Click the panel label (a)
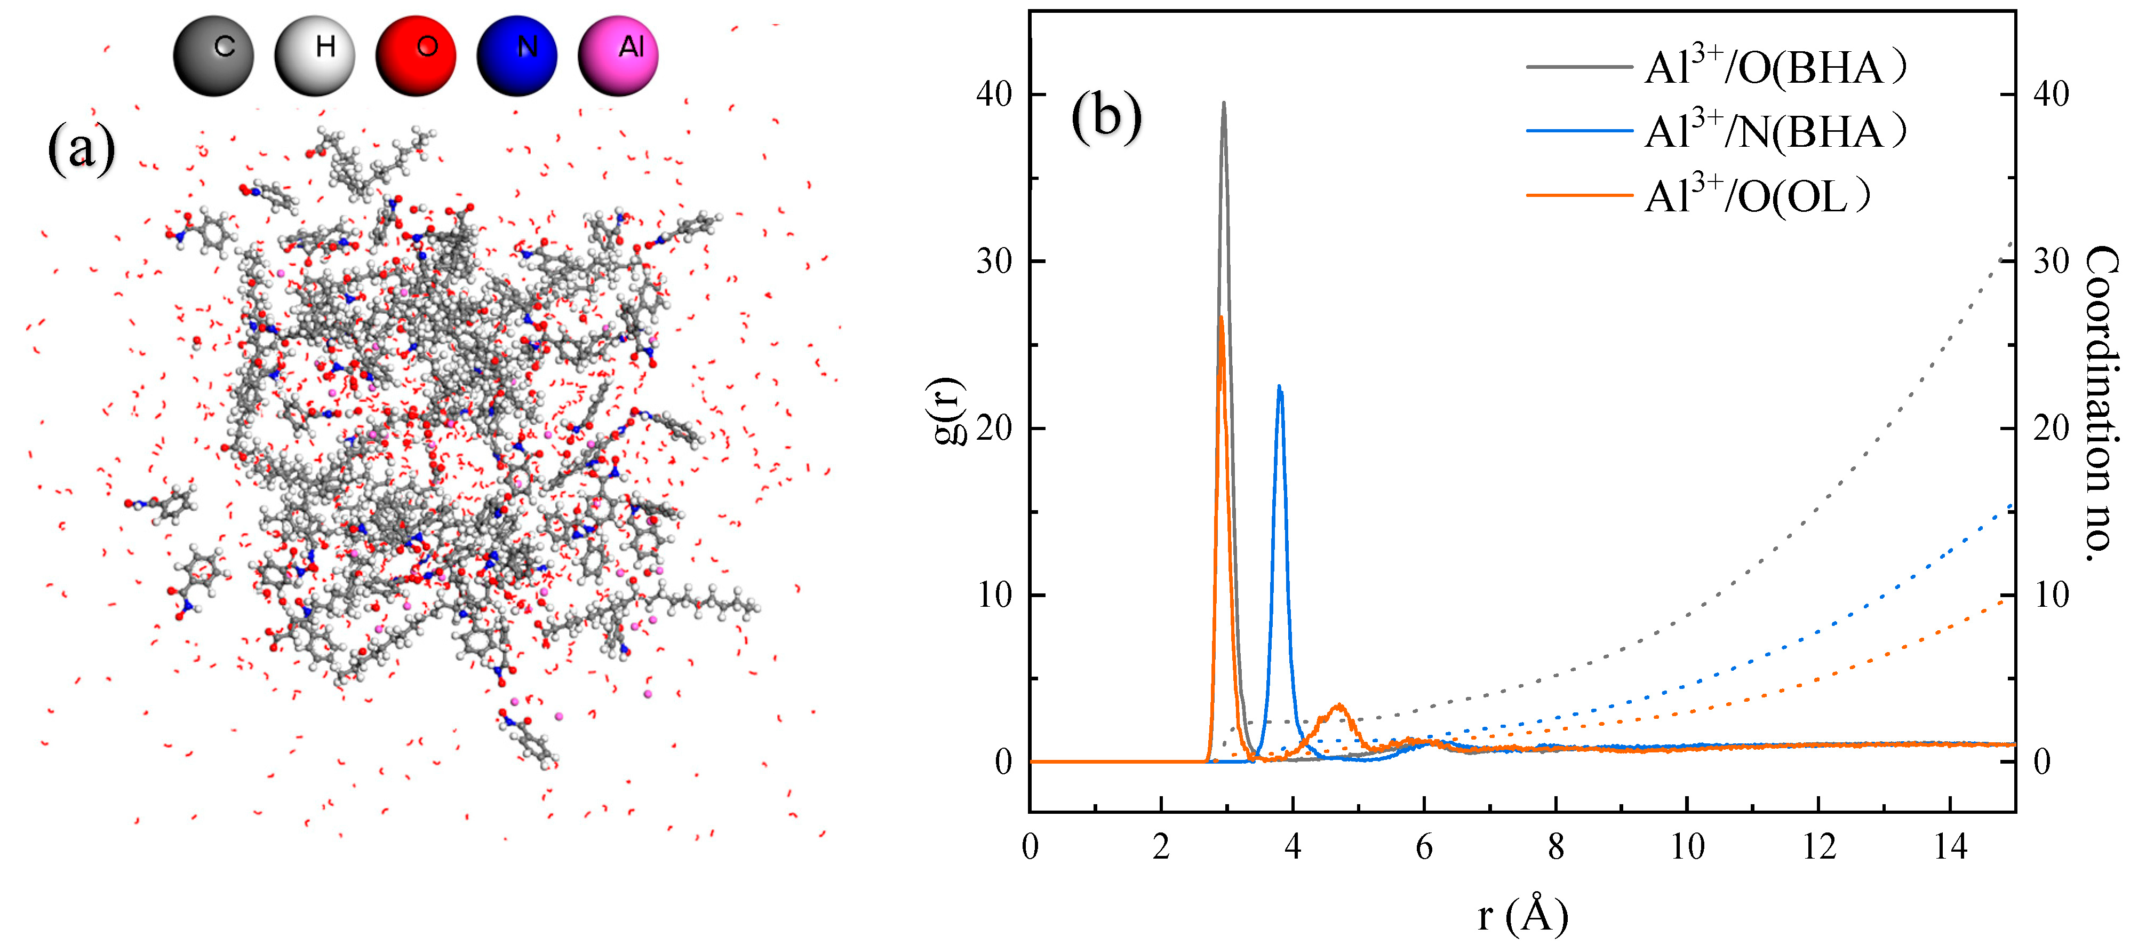point(81,149)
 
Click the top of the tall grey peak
point(1224,104)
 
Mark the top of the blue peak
point(1280,387)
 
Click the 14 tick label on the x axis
point(1951,847)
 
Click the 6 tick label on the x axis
point(1424,847)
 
